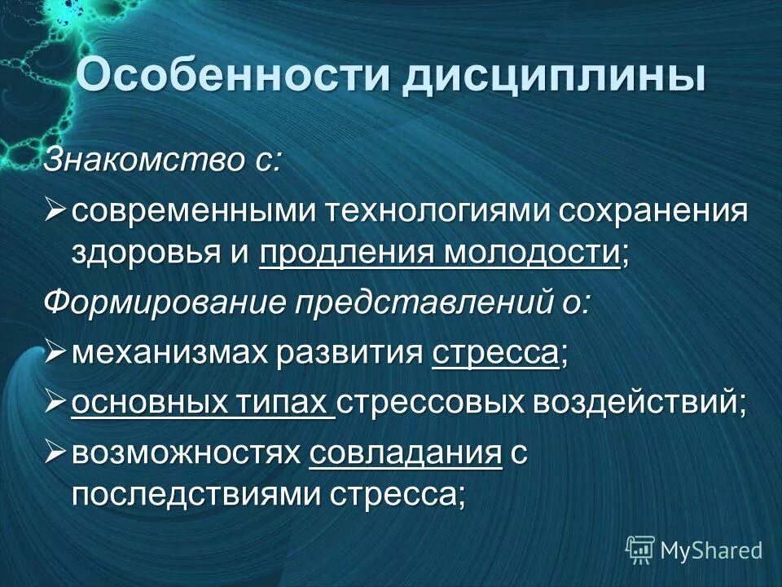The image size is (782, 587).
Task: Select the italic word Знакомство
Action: [x=142, y=159]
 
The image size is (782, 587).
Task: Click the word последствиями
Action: [x=195, y=496]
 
